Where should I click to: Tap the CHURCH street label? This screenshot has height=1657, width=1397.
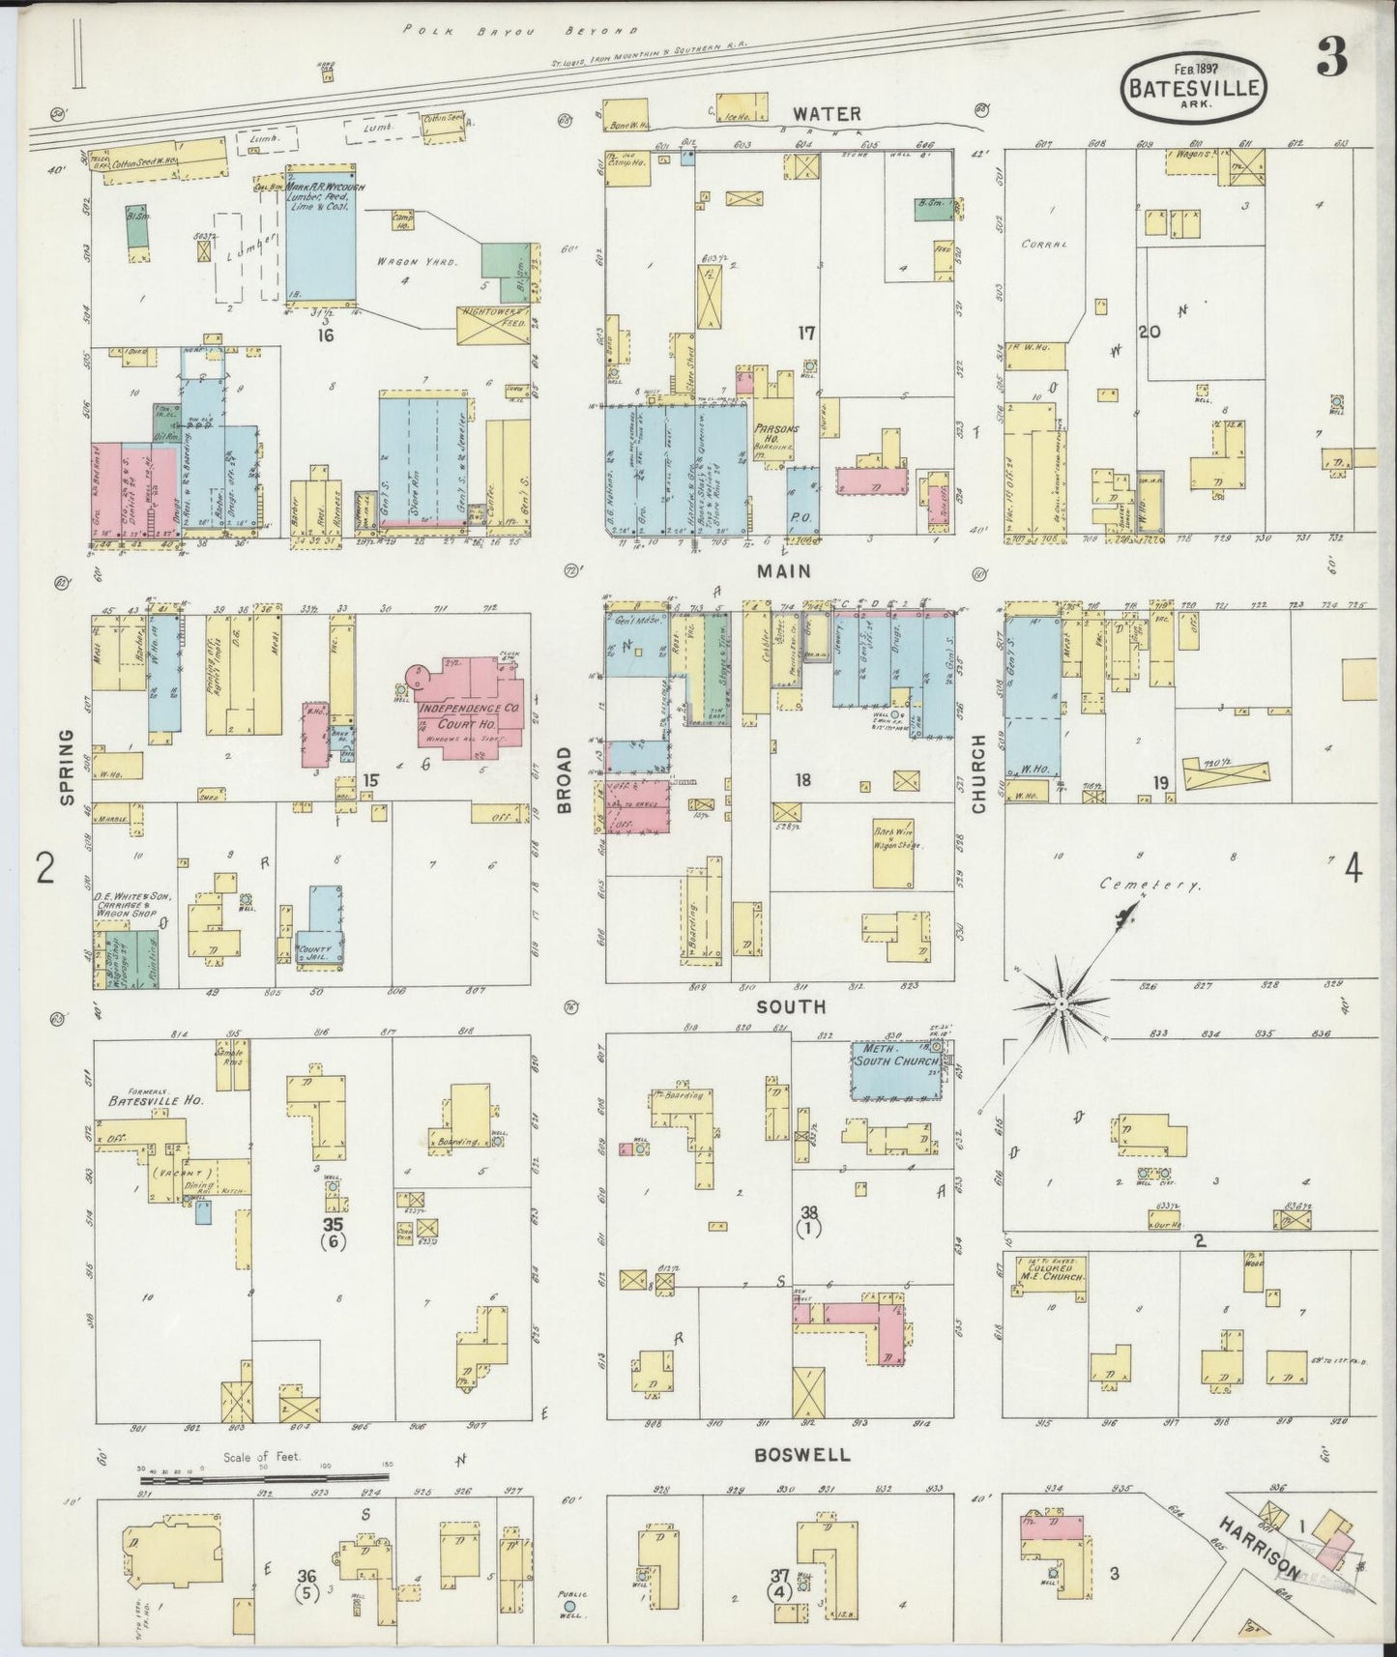pos(978,773)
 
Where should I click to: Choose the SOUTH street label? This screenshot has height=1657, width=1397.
pos(791,1006)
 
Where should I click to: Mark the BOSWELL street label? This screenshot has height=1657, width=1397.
pos(802,1454)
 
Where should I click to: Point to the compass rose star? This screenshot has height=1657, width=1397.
pos(1062,1004)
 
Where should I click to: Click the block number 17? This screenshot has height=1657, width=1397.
pos(805,334)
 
